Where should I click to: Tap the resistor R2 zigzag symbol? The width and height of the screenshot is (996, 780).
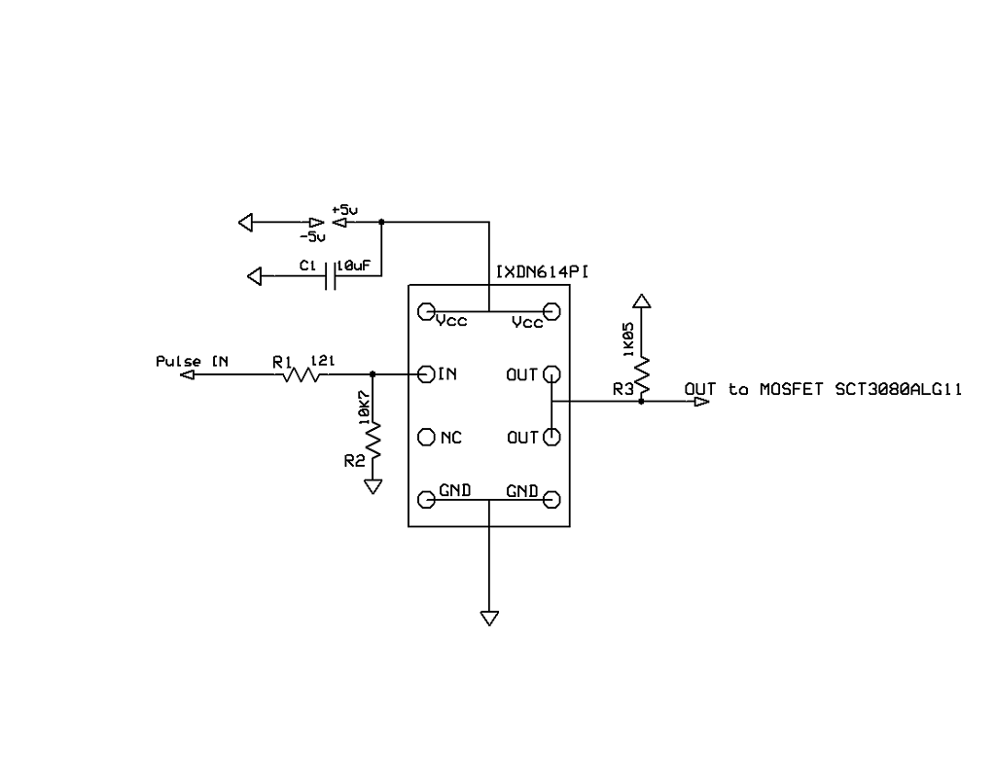coord(373,443)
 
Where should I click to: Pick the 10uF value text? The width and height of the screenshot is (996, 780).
coord(354,265)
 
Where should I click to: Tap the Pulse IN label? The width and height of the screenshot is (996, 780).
coord(193,362)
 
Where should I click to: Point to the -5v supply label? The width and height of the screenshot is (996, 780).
coord(313,236)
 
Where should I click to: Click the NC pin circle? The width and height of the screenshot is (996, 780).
coord(425,438)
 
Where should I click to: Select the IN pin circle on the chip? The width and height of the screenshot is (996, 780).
coord(425,374)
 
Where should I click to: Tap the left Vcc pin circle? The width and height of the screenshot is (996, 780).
coord(425,311)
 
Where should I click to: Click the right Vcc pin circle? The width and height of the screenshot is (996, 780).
coord(551,311)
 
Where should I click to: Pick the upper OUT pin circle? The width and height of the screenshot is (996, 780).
coord(551,374)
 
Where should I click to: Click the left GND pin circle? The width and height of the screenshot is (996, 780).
coord(425,500)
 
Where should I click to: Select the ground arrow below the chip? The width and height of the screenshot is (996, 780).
coord(488,618)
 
